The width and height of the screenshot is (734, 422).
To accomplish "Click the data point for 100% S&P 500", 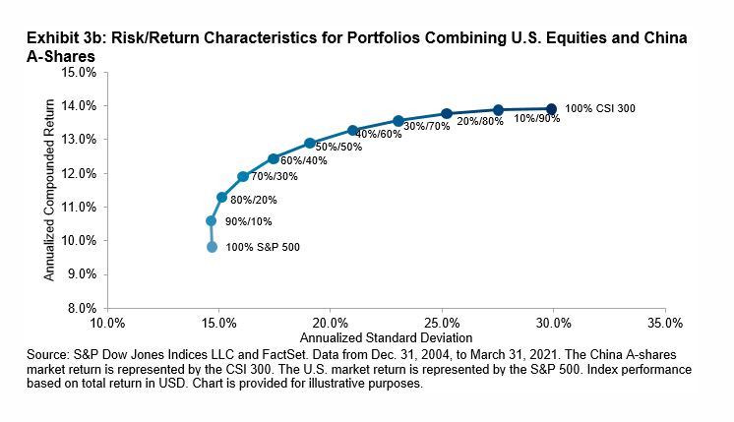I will click(x=212, y=247).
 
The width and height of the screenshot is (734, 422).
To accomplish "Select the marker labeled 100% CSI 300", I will click(x=551, y=108).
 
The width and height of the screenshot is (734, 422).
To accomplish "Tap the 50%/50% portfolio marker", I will click(x=310, y=143).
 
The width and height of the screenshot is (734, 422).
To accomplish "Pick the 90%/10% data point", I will click(x=211, y=221).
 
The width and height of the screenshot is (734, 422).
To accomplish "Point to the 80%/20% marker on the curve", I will click(x=222, y=197).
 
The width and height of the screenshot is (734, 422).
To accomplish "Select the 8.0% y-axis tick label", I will click(x=82, y=308).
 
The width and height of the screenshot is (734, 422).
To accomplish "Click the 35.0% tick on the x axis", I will click(x=664, y=323).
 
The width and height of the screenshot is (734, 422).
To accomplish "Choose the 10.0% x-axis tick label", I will click(x=106, y=323).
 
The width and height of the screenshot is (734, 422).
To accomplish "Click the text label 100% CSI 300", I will click(x=600, y=108).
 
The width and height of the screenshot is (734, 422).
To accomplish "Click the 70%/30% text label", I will click(x=272, y=177).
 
